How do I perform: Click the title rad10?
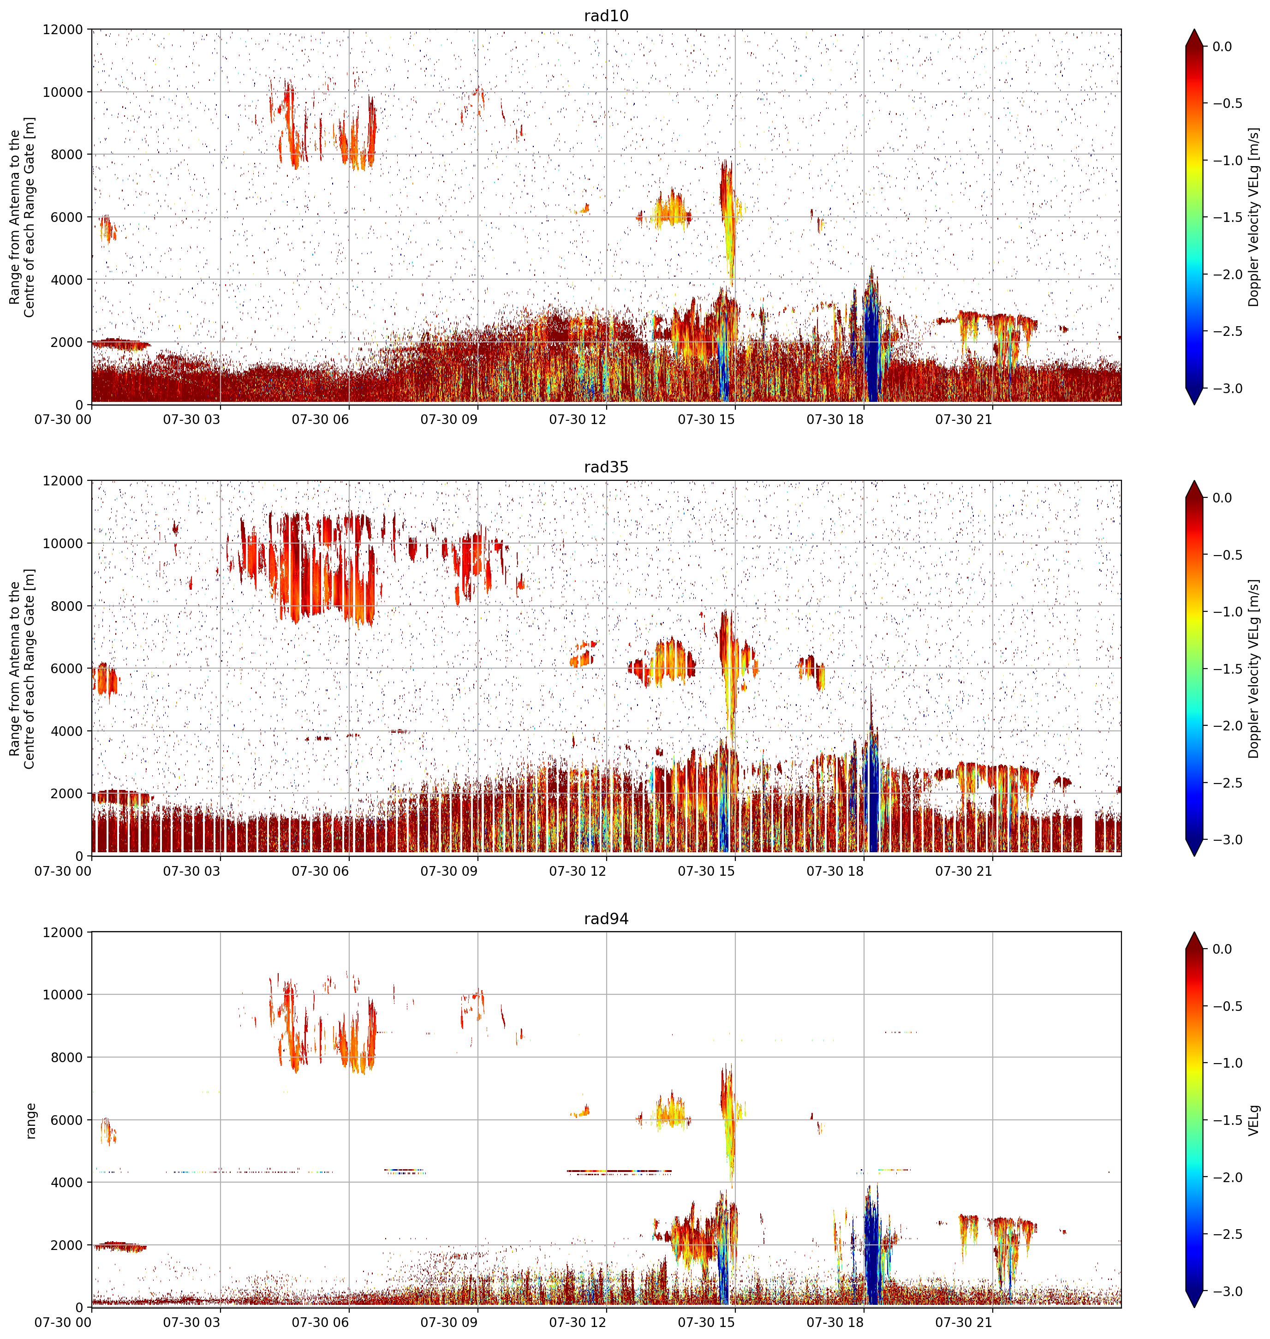[606, 16]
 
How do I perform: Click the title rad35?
[606, 467]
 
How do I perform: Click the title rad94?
[606, 919]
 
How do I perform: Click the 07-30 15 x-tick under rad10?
[706, 420]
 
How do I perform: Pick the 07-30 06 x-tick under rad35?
[320, 871]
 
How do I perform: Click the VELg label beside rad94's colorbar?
[1254, 1120]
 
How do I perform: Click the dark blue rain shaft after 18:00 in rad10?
[872, 345]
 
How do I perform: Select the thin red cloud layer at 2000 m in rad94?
[120, 1246]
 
